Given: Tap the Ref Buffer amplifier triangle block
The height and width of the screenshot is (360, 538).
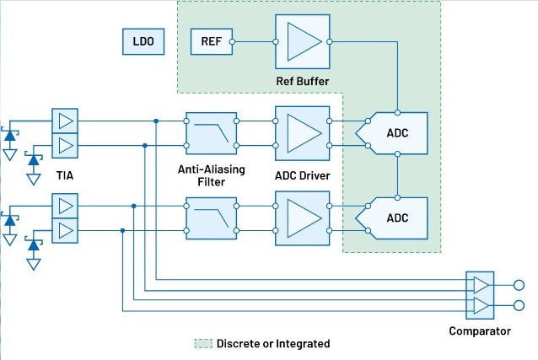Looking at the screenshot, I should click(x=301, y=40).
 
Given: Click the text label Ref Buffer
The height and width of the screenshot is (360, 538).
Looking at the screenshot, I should click(x=301, y=81).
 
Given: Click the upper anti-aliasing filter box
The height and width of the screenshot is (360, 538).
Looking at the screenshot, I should click(x=210, y=132).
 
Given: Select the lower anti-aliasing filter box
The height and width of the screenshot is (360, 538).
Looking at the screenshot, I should click(x=210, y=217).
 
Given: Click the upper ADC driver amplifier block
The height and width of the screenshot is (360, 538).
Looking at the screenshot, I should click(x=301, y=132).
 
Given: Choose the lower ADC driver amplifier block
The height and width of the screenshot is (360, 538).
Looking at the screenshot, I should click(x=301, y=217).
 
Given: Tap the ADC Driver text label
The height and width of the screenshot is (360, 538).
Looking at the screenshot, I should click(x=301, y=175).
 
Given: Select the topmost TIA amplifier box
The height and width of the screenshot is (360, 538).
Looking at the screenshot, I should click(x=65, y=121).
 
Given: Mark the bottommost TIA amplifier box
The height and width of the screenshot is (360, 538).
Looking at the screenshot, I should click(x=65, y=230).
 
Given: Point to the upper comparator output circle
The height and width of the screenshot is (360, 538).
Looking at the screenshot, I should click(x=519, y=286).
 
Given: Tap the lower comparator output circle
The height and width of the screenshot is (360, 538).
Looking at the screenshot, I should click(x=519, y=304).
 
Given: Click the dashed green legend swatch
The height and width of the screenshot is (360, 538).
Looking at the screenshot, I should click(x=202, y=344).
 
